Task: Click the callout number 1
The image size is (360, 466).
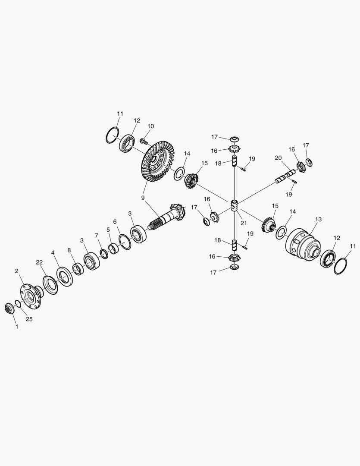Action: (x=17, y=327)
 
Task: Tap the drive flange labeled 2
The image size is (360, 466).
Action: (x=31, y=296)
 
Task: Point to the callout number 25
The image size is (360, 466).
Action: (x=29, y=319)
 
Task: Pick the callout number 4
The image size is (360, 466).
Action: (x=53, y=253)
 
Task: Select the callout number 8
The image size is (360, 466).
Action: (x=69, y=250)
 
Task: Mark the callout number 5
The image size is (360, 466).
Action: (x=108, y=230)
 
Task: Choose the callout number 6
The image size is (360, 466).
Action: (x=115, y=222)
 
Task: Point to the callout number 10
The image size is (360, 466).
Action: (x=150, y=126)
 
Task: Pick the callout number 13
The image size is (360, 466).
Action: (x=318, y=220)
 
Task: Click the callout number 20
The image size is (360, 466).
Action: (x=278, y=158)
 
